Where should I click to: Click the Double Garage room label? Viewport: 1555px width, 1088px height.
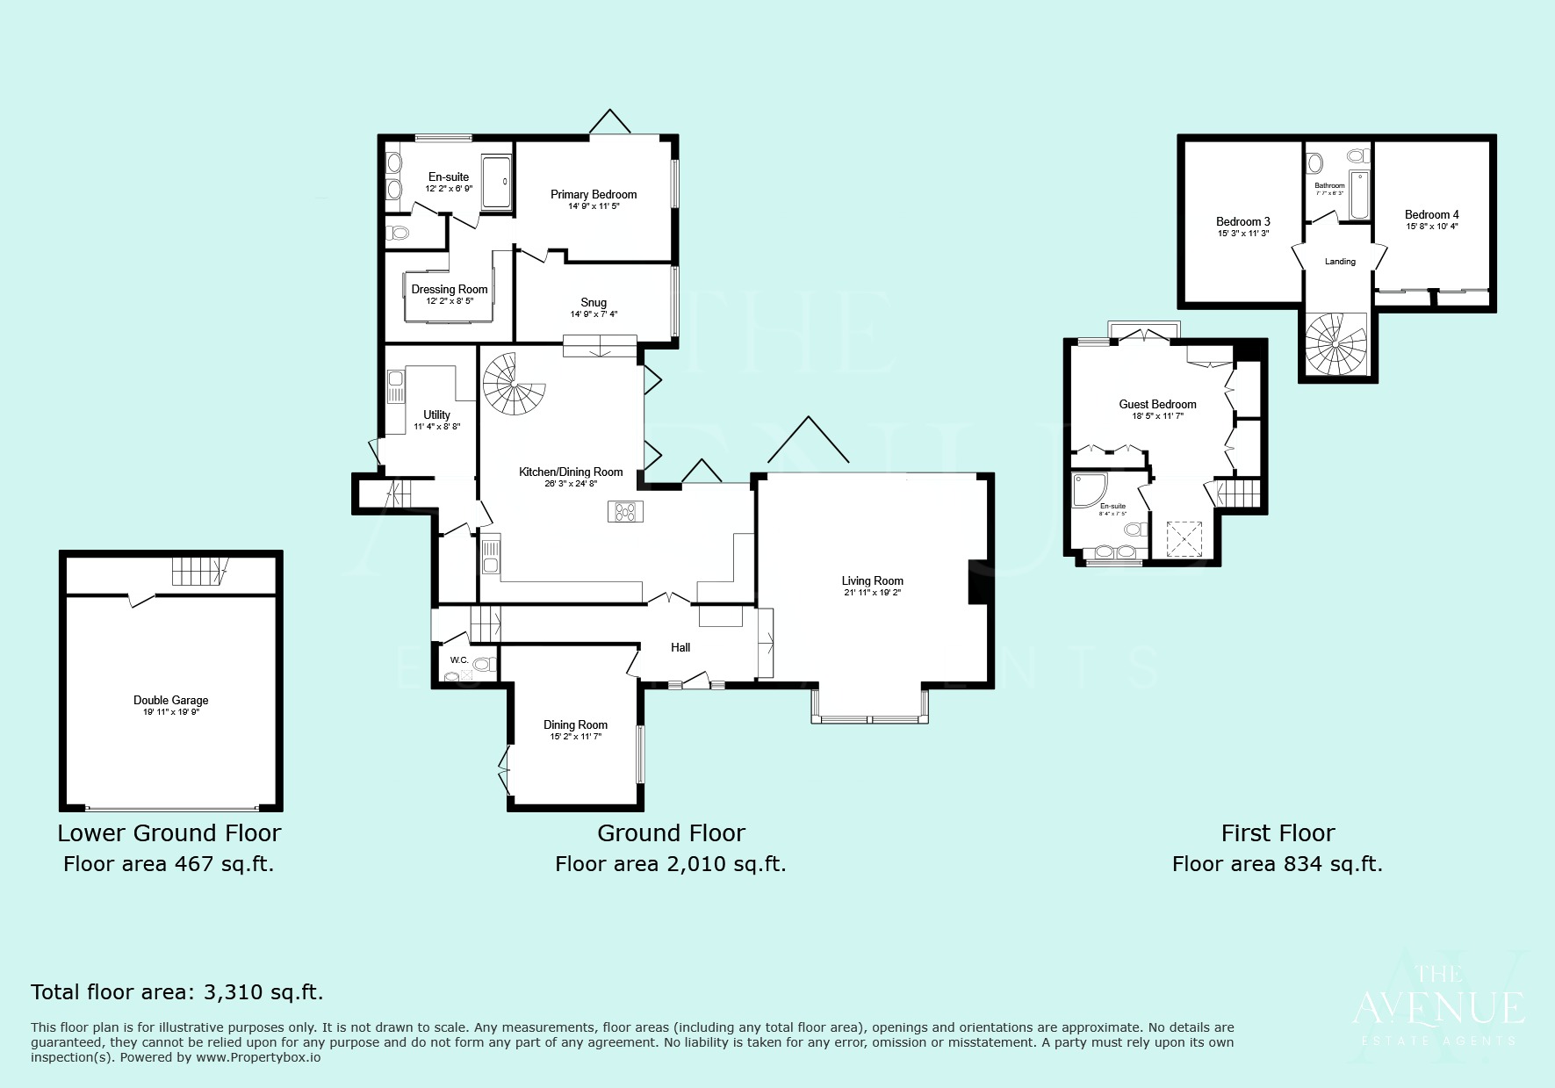click(x=170, y=700)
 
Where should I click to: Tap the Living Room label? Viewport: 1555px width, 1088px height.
click(x=872, y=580)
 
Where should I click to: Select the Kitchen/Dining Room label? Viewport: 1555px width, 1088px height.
click(x=571, y=472)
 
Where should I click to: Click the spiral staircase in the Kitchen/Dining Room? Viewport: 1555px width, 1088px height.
click(x=513, y=384)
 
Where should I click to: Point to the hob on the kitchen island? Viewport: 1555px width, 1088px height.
click(x=625, y=511)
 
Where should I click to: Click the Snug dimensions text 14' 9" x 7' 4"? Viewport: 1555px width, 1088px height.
click(x=594, y=314)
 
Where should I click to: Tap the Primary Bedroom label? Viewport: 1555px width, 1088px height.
click(x=594, y=194)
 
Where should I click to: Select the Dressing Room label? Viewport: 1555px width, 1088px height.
click(x=450, y=289)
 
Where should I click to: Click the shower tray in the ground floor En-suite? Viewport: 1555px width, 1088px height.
click(x=496, y=182)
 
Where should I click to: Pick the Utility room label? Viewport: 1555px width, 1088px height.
click(x=436, y=414)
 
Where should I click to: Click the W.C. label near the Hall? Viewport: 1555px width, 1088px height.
click(x=459, y=659)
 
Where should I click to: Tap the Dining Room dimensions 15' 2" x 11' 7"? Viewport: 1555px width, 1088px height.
click(x=575, y=737)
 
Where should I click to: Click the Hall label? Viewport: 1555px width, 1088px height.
click(x=680, y=647)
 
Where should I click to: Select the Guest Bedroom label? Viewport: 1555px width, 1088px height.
click(x=1157, y=404)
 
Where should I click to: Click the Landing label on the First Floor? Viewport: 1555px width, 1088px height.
click(x=1340, y=262)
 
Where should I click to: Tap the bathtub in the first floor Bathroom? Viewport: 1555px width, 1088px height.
click(x=1359, y=194)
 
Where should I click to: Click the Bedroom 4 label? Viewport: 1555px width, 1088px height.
click(x=1431, y=214)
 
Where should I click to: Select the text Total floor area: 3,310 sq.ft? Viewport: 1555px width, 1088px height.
click(x=177, y=992)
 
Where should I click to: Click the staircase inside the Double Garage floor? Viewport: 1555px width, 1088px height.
click(x=198, y=572)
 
